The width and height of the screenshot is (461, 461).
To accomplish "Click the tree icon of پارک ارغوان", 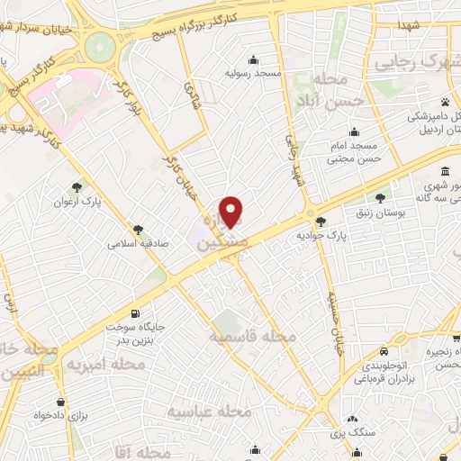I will click(78, 189).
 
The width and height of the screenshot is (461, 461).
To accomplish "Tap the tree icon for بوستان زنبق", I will click(380, 196).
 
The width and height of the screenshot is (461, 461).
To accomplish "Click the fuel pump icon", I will click(136, 314).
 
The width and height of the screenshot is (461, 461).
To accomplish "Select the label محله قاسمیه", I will click(253, 336).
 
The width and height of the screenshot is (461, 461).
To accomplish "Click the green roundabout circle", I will click(101, 42).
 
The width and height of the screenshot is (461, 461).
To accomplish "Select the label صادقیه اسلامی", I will click(134, 242).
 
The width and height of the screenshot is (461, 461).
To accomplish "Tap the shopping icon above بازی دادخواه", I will click(60, 402).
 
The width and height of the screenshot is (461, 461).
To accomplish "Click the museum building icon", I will click(446, 174).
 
